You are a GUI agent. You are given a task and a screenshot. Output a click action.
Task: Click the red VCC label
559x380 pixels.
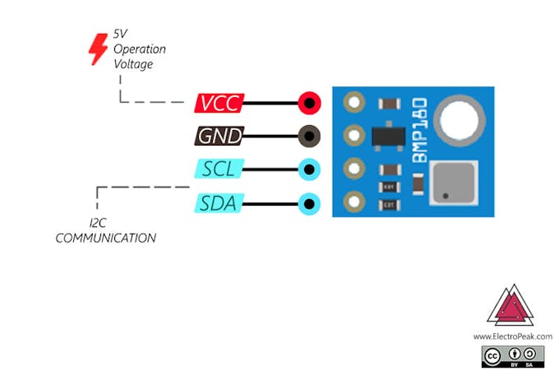(219, 104)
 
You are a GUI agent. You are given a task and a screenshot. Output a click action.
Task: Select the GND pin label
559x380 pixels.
(218, 137)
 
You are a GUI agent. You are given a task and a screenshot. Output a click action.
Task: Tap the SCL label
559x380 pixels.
(219, 169)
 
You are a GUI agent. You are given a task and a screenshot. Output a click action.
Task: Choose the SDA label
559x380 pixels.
(219, 202)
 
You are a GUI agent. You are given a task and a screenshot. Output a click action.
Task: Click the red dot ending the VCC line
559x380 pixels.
(309, 104)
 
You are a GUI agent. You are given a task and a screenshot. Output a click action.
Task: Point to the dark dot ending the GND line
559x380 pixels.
(309, 137)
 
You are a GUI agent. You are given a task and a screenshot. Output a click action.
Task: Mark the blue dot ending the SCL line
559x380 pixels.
(309, 169)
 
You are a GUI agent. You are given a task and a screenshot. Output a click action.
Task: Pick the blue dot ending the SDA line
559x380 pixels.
(309, 202)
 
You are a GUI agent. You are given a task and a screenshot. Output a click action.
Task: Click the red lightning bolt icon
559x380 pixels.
(98, 49)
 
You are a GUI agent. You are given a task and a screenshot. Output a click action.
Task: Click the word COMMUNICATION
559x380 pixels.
(105, 238)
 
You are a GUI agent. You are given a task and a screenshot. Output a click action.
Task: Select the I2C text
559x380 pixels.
(99, 223)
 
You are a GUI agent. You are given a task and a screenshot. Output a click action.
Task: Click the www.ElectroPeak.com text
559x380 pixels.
(512, 336)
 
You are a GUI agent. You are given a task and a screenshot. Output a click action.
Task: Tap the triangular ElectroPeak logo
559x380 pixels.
(511, 306)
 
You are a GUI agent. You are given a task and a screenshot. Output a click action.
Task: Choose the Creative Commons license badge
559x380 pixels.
(513, 355)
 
